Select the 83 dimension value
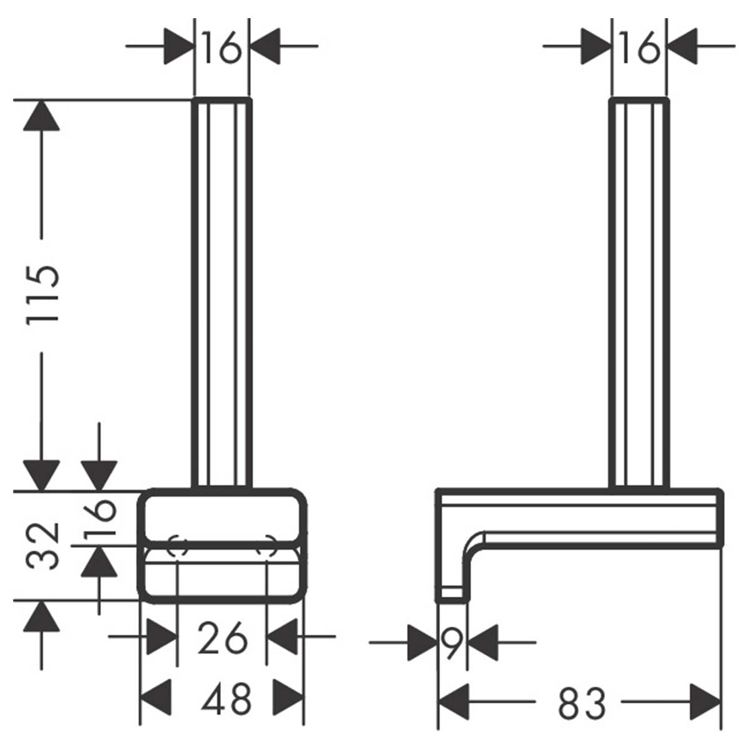pos(581,703)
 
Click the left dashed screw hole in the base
pos(178,545)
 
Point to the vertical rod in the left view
pos(222,293)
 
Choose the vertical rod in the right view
pos(639,293)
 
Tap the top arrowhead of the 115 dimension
pos(41,115)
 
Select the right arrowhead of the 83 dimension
pos(705,702)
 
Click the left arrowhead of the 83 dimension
pos(454,702)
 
